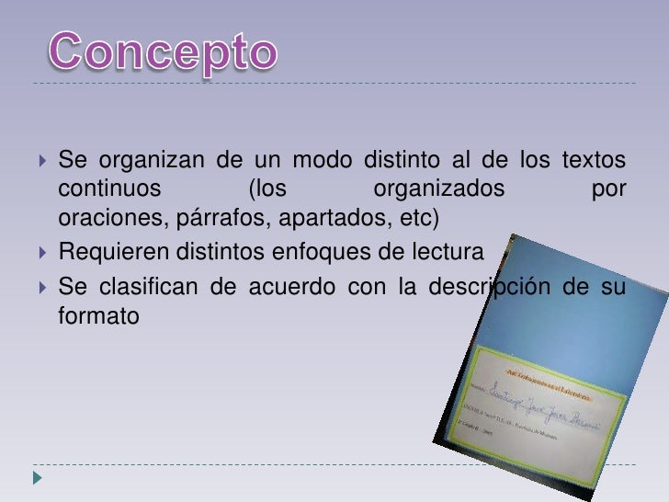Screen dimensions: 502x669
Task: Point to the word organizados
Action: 440,191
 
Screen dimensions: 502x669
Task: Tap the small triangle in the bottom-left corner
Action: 36,478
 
